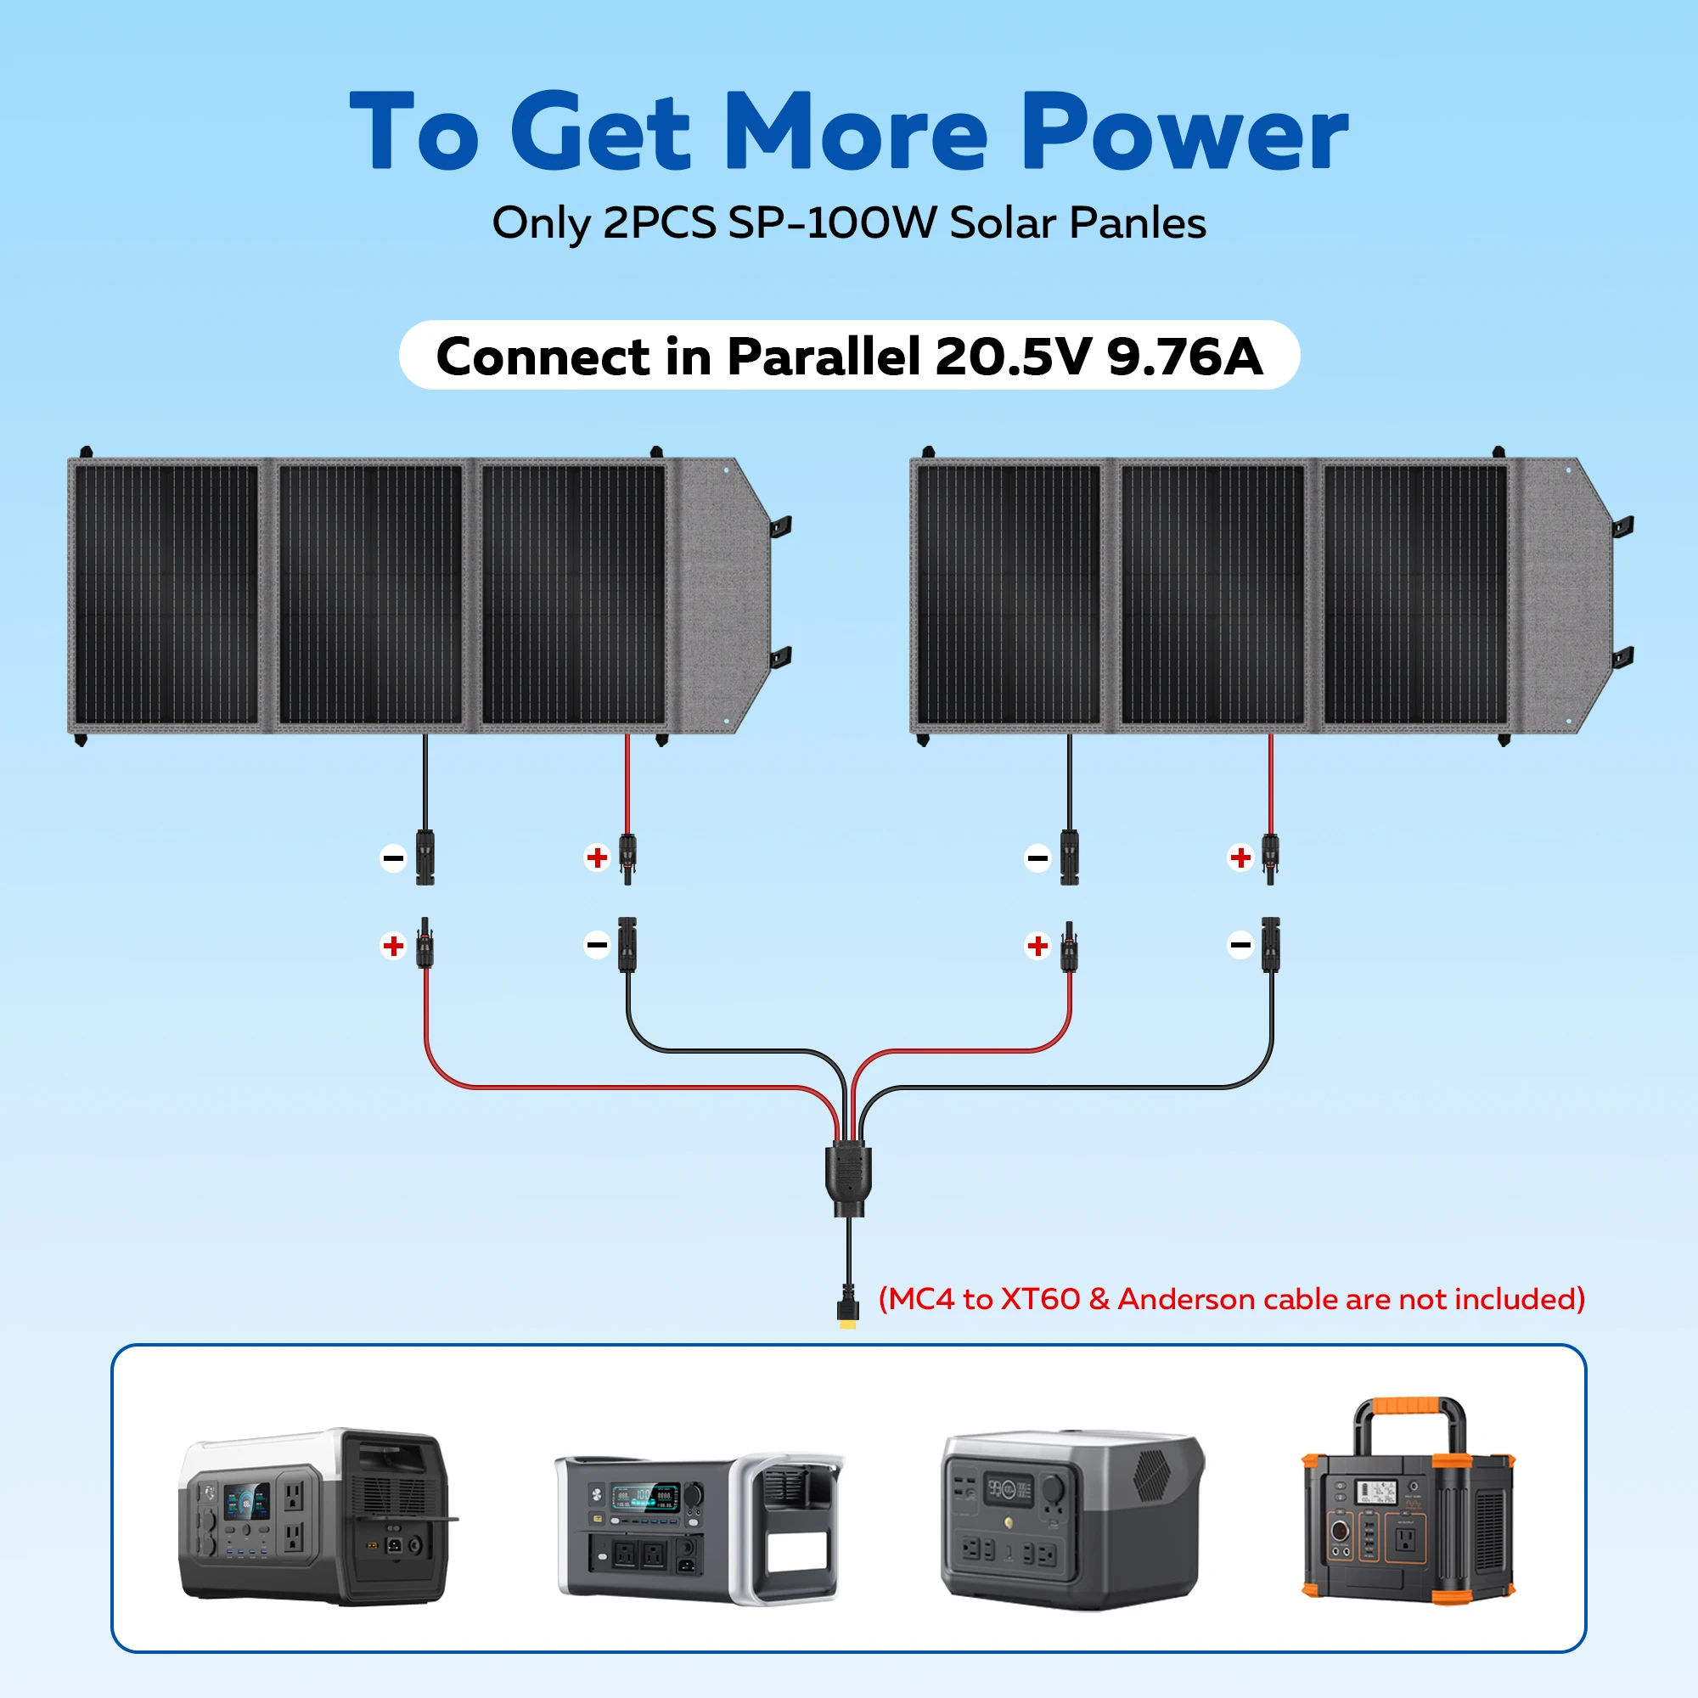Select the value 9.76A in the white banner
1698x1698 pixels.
pyautogui.click(x=1184, y=356)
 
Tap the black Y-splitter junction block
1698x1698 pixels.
pyautogui.click(x=848, y=1174)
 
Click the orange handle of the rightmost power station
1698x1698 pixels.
pyautogui.click(x=1409, y=1407)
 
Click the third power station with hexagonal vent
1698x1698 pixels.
pyautogui.click(x=1071, y=1520)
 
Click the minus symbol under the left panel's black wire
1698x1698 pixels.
pyautogui.click(x=393, y=857)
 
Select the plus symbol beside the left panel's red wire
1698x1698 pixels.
pyautogui.click(x=597, y=857)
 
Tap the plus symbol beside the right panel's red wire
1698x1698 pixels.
pyautogui.click(x=1240, y=857)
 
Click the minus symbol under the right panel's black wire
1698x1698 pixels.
pyautogui.click(x=1037, y=857)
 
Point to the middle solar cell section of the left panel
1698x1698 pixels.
pyautogui.click(x=370, y=594)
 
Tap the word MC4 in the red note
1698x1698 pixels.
pyautogui.click(x=921, y=1299)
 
